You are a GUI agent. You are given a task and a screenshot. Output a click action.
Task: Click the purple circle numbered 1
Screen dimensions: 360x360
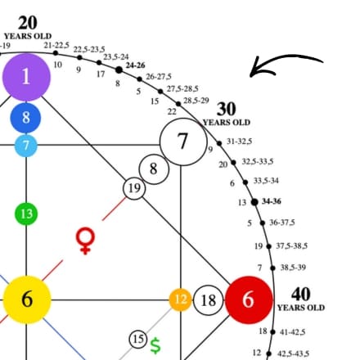26,77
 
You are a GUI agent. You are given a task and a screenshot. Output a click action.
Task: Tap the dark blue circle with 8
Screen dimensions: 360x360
25,118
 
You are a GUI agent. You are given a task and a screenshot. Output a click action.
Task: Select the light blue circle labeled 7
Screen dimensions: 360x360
26,146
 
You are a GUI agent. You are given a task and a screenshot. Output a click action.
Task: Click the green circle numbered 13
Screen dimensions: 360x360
26,214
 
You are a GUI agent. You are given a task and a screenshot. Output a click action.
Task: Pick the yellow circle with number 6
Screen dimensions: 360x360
27,299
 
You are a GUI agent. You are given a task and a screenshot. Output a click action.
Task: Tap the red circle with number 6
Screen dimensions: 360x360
249,299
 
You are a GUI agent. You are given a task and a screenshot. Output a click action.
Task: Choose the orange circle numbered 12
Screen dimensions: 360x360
180,299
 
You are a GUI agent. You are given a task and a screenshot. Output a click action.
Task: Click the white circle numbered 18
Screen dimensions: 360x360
209,300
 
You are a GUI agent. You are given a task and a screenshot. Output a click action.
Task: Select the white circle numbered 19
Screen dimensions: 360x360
134,188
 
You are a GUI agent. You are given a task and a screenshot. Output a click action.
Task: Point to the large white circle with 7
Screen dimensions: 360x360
183,142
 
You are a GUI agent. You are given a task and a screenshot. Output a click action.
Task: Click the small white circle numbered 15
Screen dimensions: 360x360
138,339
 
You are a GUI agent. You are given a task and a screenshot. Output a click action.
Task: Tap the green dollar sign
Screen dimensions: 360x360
155,345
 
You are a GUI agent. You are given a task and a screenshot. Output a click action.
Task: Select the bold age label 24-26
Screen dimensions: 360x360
135,65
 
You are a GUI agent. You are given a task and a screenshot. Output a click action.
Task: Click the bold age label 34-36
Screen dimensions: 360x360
272,201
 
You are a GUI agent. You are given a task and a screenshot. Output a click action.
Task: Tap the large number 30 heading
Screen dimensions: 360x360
227,109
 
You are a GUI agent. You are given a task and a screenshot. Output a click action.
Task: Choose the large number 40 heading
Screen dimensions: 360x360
301,294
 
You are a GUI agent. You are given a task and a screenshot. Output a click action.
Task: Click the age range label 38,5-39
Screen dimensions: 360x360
293,268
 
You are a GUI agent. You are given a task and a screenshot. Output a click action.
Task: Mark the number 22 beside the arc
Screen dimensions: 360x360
172,111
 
